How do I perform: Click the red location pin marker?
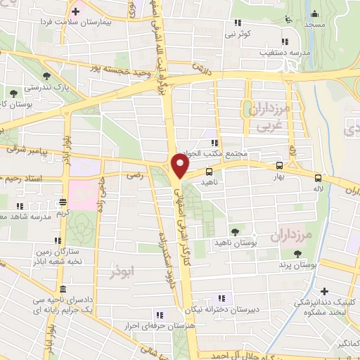pyautogui.click(x=180, y=167)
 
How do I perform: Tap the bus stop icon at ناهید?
pyautogui.click(x=209, y=170)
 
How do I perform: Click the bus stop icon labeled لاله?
pyautogui.click(x=318, y=178)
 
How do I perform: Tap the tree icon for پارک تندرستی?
pyautogui.click(x=46, y=75)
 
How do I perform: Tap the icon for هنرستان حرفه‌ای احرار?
pyautogui.click(x=160, y=314)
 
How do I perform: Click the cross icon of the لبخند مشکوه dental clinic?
pyautogui.click(x=324, y=291)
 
